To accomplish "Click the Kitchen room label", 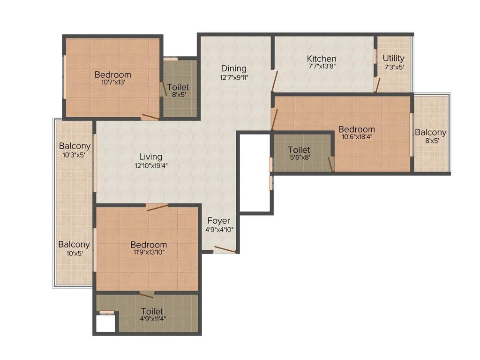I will [x=322, y=59].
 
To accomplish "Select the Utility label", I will [x=393, y=58].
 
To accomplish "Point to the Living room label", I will [x=150, y=157].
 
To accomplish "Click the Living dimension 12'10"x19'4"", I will [x=150, y=165].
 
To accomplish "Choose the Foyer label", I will [x=219, y=221].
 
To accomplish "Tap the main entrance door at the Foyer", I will [x=225, y=250].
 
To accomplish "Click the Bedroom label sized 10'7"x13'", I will [x=113, y=75].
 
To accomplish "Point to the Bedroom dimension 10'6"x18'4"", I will [x=356, y=138].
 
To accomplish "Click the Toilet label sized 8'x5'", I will [x=178, y=87].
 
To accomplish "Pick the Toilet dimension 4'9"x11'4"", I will [x=152, y=319].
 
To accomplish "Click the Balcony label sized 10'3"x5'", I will [x=75, y=146].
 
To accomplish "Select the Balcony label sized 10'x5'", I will [x=74, y=244].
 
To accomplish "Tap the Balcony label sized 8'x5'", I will [x=431, y=133].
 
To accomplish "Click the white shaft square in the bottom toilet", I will [x=105, y=323].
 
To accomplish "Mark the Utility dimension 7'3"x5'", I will [x=393, y=67].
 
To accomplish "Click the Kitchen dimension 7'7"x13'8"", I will [x=322, y=67].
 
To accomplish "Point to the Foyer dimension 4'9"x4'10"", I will [x=219, y=230].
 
